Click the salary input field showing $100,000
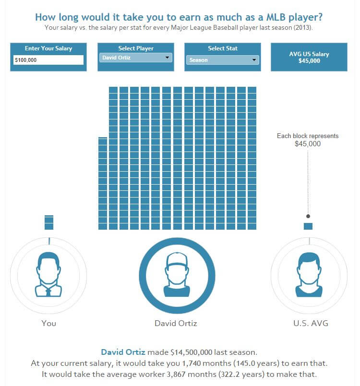tap(48, 60)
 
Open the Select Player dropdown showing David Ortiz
tap(136, 58)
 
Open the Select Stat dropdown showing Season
tap(223, 60)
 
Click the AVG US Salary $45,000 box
tap(309, 58)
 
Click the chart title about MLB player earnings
tap(179, 17)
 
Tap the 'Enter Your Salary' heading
tap(48, 48)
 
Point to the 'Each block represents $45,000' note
tap(308, 140)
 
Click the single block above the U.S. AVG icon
tap(308, 226)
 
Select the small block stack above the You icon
tap(49, 222)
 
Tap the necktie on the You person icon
tap(48, 291)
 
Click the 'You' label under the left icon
tap(48, 323)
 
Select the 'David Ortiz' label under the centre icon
tap(176, 323)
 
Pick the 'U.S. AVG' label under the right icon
tap(311, 323)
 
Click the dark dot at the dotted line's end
tap(308, 216)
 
